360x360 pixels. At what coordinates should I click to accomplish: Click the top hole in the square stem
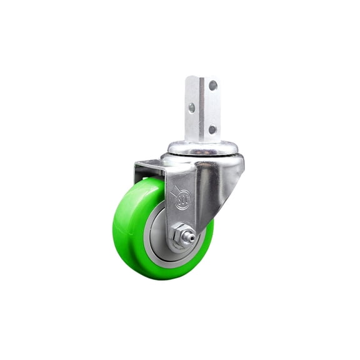[x=213, y=85]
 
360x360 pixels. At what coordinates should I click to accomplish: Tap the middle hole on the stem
[x=192, y=107]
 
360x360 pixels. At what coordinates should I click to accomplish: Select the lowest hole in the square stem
[x=212, y=129]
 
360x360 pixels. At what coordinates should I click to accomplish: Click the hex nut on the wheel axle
[x=180, y=235]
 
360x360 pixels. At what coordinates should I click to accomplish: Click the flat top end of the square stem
[x=202, y=77]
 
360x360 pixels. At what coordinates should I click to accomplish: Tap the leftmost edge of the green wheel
[x=114, y=225]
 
